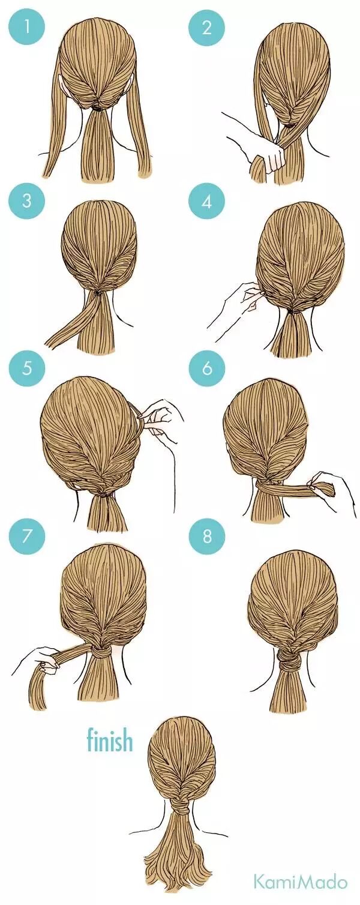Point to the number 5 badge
pos(26,368)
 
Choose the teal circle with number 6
pos(207,368)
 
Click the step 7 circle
pos(26,536)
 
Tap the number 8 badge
pos(207,536)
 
